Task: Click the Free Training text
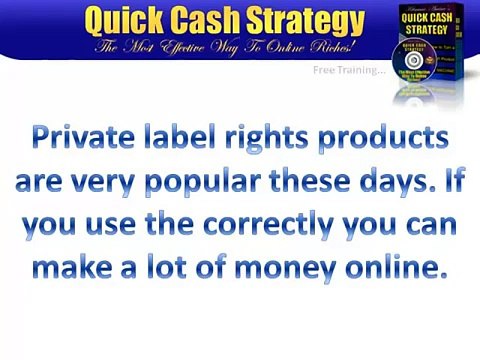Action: click(x=348, y=70)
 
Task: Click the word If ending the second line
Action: click(x=448, y=184)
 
